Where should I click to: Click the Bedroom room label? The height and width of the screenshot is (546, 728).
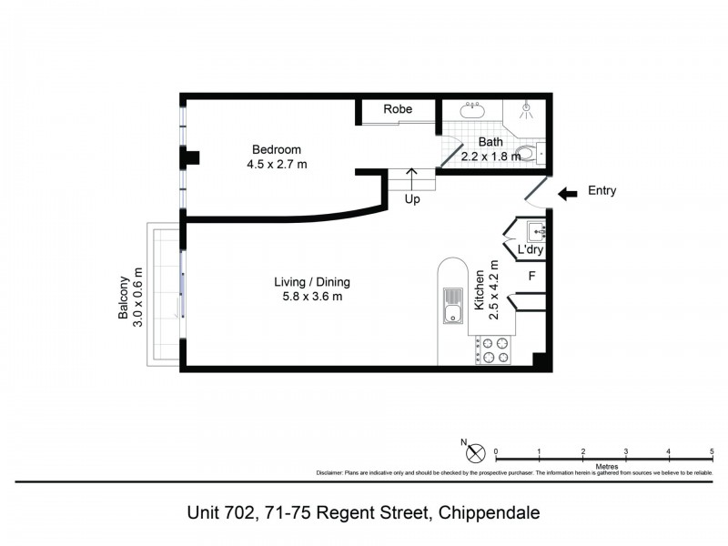(277, 150)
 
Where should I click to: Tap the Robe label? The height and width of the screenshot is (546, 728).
(397, 109)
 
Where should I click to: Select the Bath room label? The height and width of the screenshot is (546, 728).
(490, 142)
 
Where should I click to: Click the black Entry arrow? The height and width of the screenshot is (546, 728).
(567, 193)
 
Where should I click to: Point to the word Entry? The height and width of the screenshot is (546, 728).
(602, 191)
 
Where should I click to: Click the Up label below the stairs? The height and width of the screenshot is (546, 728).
(412, 199)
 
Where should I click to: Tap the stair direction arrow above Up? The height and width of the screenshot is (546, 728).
(412, 177)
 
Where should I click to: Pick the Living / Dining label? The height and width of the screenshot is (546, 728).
(313, 282)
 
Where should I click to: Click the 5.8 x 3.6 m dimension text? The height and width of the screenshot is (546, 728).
(313, 297)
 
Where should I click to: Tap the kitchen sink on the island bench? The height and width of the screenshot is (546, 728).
(451, 307)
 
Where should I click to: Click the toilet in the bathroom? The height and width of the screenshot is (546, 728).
(526, 153)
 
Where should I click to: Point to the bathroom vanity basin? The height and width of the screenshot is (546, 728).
(472, 108)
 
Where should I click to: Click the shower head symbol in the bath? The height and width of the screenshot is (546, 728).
(526, 108)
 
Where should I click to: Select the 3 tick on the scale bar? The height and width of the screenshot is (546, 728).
(625, 451)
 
